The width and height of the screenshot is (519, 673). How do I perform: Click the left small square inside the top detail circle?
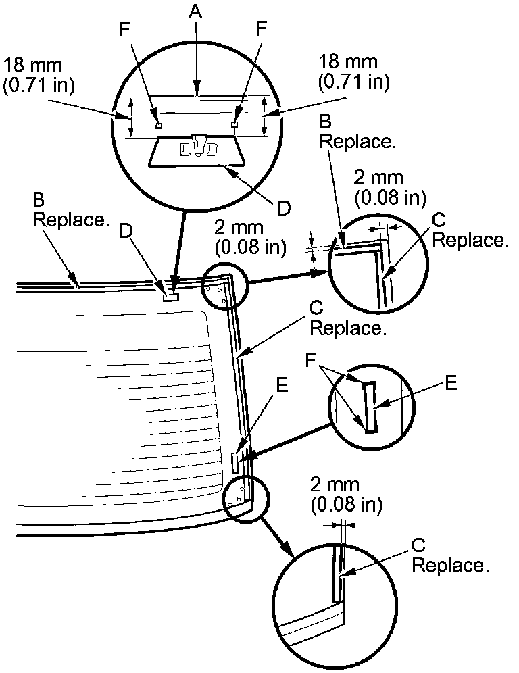tap(159, 125)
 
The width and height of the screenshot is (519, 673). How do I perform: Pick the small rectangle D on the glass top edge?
tap(170, 295)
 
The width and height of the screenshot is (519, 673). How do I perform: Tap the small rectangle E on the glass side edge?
tap(234, 463)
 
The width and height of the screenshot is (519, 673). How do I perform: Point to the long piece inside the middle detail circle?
tap(369, 407)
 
